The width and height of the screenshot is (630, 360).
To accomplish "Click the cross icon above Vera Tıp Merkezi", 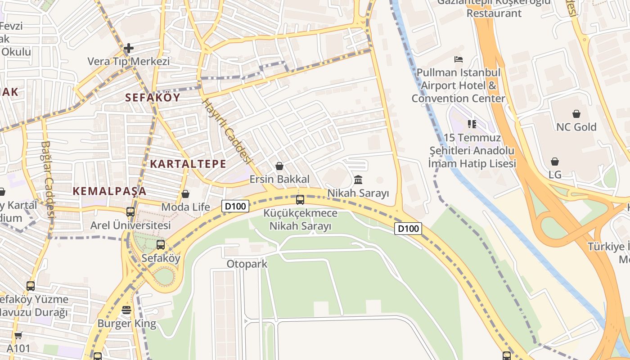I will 129,48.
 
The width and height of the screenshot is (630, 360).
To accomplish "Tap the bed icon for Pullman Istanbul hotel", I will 459,59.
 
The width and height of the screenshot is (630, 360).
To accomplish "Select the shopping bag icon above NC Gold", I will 576,114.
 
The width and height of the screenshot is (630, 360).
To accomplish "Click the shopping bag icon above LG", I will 555,162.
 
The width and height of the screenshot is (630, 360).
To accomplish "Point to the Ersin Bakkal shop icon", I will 279,166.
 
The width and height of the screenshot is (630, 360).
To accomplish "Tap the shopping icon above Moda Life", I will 185,194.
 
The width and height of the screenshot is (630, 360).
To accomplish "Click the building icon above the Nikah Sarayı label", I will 358,180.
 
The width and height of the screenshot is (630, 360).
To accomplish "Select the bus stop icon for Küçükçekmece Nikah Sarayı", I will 300,199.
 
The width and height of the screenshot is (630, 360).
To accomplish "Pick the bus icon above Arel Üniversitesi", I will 130,211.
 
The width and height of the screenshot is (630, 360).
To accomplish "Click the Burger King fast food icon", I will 126,310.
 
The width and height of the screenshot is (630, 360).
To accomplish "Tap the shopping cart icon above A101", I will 18,335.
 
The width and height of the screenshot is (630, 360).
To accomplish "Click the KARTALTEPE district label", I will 188,164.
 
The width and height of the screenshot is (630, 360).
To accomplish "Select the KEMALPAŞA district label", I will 110,191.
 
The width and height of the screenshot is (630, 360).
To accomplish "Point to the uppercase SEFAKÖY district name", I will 153,97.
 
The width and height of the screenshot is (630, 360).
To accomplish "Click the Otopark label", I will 247,264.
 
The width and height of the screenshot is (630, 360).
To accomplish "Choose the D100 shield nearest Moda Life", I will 235,207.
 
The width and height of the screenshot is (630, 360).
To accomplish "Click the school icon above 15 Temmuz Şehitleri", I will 472,124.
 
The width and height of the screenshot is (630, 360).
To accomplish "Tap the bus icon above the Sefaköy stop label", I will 161,245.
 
